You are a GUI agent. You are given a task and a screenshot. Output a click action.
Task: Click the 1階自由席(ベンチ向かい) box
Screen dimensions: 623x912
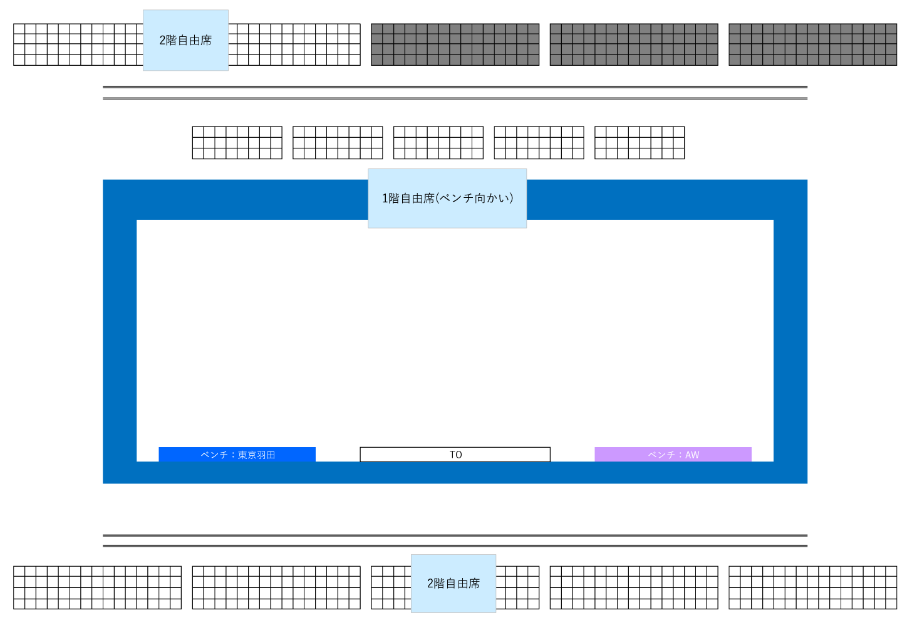tap(447, 198)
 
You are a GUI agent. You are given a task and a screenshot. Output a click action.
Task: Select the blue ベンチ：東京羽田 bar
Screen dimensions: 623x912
tap(237, 455)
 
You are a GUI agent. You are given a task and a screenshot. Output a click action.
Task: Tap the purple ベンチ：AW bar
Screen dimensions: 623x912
tap(673, 455)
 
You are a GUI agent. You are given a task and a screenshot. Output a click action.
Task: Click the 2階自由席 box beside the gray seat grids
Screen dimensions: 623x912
tap(185, 40)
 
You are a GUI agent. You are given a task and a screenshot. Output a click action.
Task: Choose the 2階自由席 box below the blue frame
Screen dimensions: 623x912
tap(453, 584)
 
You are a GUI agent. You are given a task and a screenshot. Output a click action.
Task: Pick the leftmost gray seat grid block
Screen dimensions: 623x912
tap(455, 44)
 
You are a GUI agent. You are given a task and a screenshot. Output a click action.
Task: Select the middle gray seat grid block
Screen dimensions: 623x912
tap(634, 44)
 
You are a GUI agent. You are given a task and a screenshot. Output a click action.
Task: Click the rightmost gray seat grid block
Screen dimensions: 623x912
tap(812, 44)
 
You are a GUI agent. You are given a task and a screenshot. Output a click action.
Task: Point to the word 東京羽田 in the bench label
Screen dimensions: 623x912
tap(257, 455)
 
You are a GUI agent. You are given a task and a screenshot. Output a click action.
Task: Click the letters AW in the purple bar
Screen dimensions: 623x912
tap(692, 455)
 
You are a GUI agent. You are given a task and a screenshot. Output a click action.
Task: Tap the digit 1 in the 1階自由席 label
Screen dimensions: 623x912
tap(385, 198)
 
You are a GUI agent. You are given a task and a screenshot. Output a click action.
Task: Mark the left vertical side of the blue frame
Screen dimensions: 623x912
tap(120, 338)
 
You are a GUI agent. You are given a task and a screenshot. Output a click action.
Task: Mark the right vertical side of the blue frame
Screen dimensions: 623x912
tap(790, 338)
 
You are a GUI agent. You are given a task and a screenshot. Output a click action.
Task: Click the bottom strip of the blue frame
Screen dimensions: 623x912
tap(455, 473)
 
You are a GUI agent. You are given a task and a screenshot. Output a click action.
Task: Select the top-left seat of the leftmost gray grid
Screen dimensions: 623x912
tap(377, 29)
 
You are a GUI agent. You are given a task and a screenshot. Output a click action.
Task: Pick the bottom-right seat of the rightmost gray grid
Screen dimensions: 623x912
tap(891, 60)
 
